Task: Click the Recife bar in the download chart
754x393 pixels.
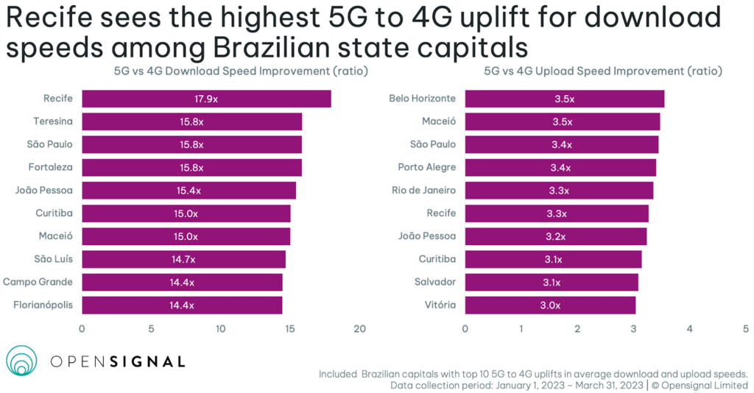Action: click(x=206, y=99)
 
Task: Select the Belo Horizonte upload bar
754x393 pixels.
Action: click(x=564, y=99)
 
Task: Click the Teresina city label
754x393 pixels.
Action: click(x=53, y=121)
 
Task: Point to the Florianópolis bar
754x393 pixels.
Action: click(x=182, y=305)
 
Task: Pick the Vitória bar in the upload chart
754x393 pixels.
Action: click(x=549, y=305)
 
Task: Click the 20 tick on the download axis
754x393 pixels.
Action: click(x=359, y=328)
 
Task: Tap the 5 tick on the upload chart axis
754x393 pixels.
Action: click(x=745, y=328)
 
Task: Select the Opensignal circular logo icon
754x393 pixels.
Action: click(x=21, y=361)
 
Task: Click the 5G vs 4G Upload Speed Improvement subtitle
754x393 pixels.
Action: click(x=602, y=71)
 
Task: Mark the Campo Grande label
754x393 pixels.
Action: click(x=38, y=282)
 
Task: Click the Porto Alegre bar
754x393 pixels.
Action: click(x=560, y=167)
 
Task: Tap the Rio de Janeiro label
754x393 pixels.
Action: click(x=423, y=191)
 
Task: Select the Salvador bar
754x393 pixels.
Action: click(x=551, y=282)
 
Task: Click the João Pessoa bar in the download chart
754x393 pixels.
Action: click(x=188, y=191)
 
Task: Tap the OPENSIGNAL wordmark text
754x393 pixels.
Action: click(x=117, y=361)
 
